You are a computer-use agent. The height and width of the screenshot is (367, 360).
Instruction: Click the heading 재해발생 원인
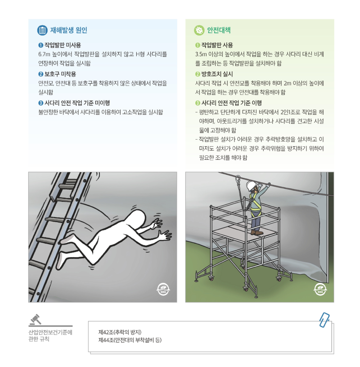tap(69, 31)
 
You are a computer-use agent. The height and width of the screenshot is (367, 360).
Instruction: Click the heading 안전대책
tap(219, 31)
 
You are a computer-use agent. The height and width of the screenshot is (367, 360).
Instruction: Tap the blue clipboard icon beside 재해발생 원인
tap(42, 31)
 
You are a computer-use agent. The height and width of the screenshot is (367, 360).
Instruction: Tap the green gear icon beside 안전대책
tap(199, 31)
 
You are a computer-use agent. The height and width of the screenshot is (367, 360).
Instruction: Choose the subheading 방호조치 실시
tap(217, 74)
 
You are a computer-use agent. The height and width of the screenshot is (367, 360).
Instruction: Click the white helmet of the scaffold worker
tap(251, 185)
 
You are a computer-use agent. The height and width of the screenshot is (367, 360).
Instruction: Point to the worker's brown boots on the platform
tap(256, 232)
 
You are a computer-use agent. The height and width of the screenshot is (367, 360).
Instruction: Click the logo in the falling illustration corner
tap(163, 289)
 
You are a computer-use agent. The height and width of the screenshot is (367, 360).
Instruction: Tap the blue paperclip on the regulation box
tap(324, 319)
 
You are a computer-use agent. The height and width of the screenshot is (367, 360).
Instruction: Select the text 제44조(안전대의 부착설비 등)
tap(130, 340)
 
